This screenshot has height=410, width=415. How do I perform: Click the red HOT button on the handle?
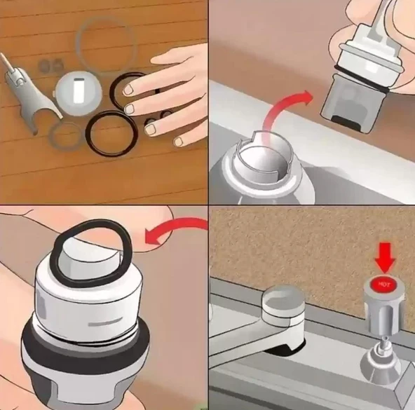click(382, 285)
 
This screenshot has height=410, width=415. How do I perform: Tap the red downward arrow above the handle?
click(385, 257)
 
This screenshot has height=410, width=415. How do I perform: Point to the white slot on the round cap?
click(79, 91)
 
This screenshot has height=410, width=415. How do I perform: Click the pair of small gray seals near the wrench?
click(50, 65)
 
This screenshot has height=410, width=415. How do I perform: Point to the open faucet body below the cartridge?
click(264, 170)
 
